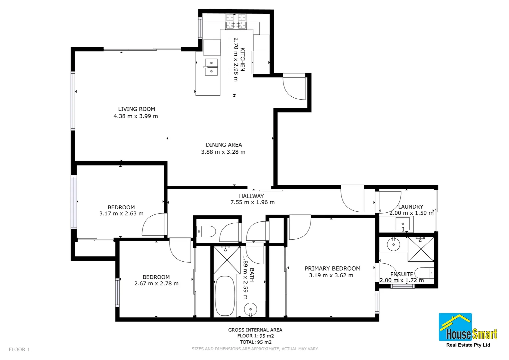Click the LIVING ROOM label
(x=137, y=109)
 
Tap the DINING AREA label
(x=224, y=145)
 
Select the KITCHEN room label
(x=243, y=59)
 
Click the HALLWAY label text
(x=251, y=196)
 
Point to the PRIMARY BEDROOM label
(x=332, y=268)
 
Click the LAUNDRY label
(x=410, y=207)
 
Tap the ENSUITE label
(x=401, y=274)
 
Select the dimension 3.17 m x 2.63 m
(x=121, y=214)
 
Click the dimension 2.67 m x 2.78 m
(x=156, y=284)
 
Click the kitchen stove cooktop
(x=236, y=21)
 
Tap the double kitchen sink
(x=211, y=67)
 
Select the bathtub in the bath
(x=225, y=296)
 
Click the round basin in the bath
(x=251, y=310)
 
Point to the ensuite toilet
(x=424, y=273)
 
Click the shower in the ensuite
(x=421, y=249)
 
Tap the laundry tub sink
(x=402, y=224)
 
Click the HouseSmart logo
(x=468, y=330)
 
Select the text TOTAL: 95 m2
(x=255, y=342)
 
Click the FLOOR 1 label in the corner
(x=19, y=349)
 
